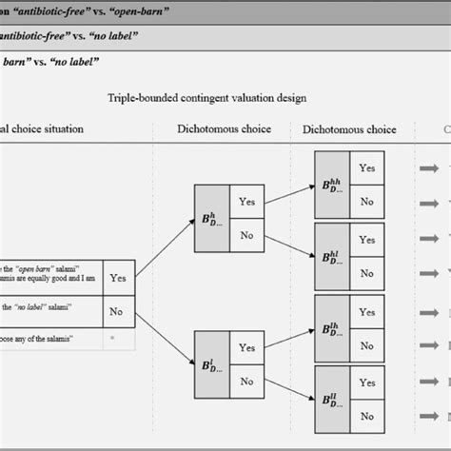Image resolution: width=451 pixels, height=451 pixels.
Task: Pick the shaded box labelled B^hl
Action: tap(331, 243)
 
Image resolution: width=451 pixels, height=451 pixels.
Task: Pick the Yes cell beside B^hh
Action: tap(366, 166)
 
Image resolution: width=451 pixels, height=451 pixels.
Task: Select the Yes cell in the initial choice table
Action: tap(118, 278)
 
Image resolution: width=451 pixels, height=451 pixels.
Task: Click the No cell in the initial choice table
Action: tap(118, 310)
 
